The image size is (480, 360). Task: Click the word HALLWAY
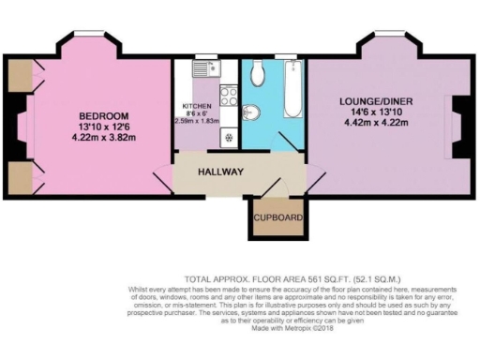[x=221, y=172]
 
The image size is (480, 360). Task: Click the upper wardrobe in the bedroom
[x=19, y=74]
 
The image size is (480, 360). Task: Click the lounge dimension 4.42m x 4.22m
[x=375, y=120]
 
